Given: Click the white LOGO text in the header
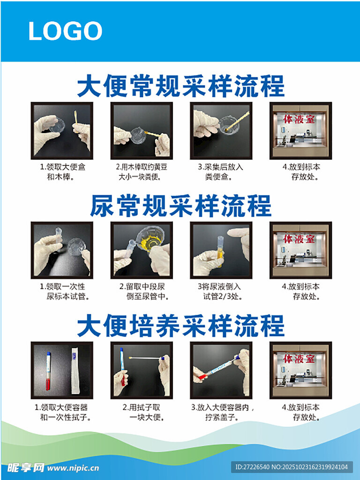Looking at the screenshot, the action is pos(65,30).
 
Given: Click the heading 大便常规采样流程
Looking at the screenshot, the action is pos(180,86).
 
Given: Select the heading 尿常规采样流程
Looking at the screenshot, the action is pos(180,206).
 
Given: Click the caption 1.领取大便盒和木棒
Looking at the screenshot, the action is pos(62,172).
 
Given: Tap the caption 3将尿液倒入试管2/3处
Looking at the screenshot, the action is pos(220,292).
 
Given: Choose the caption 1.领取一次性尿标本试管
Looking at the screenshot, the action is pos(64,292).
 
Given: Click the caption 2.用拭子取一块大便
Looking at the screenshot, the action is pos(142,412).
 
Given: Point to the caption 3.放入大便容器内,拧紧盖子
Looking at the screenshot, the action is pos(223,412).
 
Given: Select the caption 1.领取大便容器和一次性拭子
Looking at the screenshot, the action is pos(63,412).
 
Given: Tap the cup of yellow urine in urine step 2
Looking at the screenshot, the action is pos(150,240).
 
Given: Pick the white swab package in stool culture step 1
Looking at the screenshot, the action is pos(75,371).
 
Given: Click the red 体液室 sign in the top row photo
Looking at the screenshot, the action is pos(299,119).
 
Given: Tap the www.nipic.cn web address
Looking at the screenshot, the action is pos(73,468).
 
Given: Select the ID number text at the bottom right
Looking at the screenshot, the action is pos(292,467).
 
